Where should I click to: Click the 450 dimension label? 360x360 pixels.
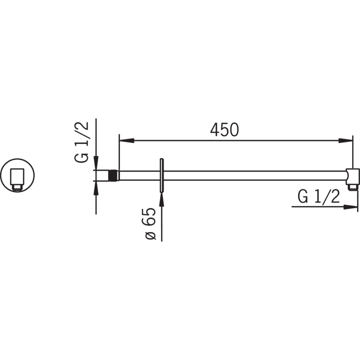click(224, 130)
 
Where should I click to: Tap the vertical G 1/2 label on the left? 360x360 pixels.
click(81, 142)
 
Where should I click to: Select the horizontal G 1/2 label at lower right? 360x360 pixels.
click(319, 196)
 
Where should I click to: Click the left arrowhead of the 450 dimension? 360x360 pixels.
click(127, 141)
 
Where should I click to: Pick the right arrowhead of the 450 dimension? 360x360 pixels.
click(345, 141)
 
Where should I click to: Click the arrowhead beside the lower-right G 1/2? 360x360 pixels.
click(350, 207)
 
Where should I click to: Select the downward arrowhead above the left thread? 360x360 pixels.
click(96, 163)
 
